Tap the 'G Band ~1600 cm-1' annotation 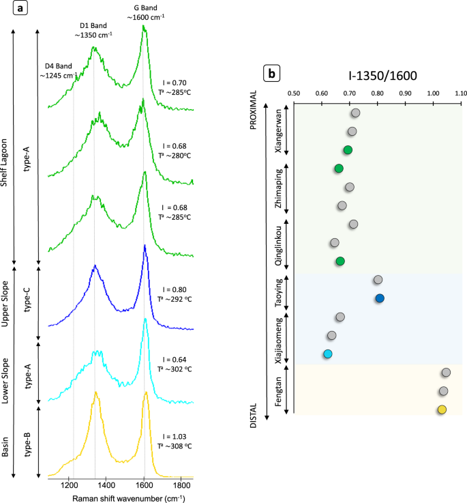click(143, 12)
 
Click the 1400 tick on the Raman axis click(106, 484)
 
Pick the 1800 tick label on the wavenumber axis click(181, 484)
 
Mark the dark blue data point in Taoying click(380, 298)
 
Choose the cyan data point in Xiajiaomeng click(328, 354)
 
